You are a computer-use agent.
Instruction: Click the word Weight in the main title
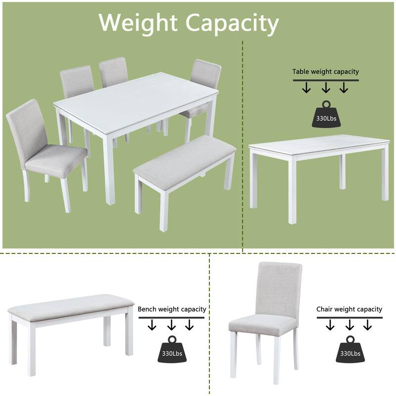point(138,22)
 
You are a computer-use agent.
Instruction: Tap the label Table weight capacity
point(325,72)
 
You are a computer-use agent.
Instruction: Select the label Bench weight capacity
point(172,309)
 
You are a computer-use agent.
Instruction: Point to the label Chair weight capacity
point(349,309)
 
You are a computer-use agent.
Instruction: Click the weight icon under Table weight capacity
point(325,114)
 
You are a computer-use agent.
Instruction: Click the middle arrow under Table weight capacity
point(325,88)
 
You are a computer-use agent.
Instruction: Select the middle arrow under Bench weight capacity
point(171,325)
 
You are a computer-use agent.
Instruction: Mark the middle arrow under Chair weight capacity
point(349,325)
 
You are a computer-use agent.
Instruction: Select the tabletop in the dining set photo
point(136,97)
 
